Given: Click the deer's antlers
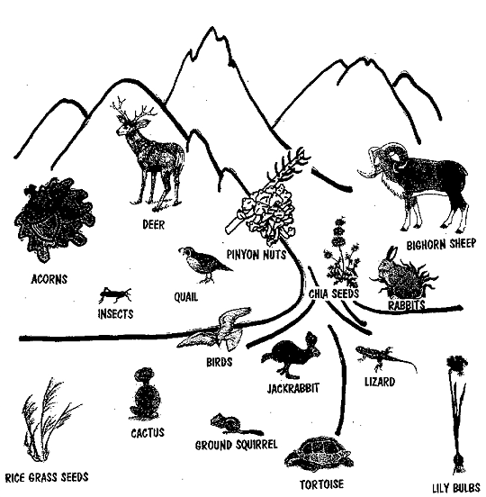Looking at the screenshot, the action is tap(133, 109).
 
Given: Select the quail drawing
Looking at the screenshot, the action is tap(204, 265).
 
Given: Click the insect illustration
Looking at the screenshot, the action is tap(114, 294).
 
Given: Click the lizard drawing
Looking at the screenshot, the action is tap(386, 357).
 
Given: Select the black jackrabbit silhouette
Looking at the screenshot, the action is tap(290, 355).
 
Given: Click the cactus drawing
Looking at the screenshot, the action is tap(146, 393).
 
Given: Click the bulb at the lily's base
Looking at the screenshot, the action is tap(459, 462).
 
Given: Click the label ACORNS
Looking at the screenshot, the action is tap(49, 279).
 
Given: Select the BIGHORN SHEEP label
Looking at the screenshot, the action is tap(441, 244).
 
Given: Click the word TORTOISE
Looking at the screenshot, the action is tap(321, 484).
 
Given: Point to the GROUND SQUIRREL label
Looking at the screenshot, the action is tap(237, 445).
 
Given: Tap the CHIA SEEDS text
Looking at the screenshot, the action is tap(334, 294).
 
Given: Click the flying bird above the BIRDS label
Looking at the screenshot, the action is tap(215, 330).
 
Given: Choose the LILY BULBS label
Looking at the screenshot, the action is tap(456, 488).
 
